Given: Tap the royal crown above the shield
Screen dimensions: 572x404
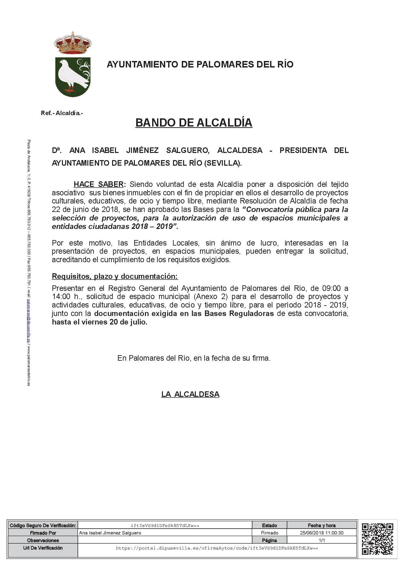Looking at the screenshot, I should coord(73,43).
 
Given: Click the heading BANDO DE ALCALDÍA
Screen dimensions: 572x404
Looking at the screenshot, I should coord(194,123).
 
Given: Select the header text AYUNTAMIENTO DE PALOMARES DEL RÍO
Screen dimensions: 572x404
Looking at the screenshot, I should coord(200,64).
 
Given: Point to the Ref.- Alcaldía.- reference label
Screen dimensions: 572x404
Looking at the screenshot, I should coord(62,113).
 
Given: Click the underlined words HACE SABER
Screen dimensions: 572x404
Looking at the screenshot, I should coord(99,184).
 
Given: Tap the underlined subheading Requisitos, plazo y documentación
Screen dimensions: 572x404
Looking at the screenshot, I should coord(115,277).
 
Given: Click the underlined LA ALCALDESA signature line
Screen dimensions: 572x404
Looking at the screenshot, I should coord(190,394).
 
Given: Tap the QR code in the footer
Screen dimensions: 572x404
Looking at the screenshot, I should coord(377,539).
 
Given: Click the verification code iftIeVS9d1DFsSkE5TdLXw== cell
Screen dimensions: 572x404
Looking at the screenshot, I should coord(165,525).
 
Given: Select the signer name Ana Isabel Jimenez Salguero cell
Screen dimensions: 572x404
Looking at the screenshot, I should coord(110,533).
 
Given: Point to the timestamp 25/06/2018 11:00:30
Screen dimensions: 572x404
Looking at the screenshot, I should coord(321,533).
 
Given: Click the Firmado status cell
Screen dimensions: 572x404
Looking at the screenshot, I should coord(269,533).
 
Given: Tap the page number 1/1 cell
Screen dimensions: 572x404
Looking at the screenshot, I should coord(322,540).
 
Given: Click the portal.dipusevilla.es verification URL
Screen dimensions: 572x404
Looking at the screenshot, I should coord(217,548).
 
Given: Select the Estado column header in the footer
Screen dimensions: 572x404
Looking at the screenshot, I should coord(269,525).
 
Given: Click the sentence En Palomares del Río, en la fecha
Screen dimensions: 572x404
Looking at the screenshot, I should coord(194,358).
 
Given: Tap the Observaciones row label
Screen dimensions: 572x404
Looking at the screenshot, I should coord(43,540).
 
